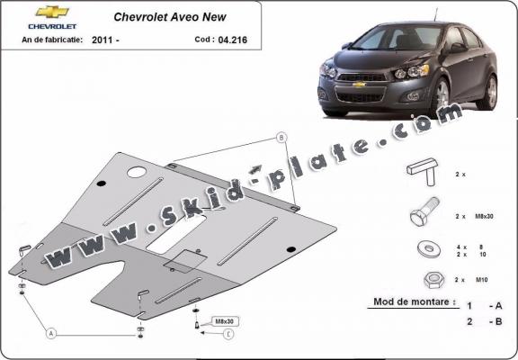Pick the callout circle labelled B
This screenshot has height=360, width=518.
[x=281, y=138]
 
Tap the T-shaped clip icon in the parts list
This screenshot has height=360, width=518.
[x=424, y=170]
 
